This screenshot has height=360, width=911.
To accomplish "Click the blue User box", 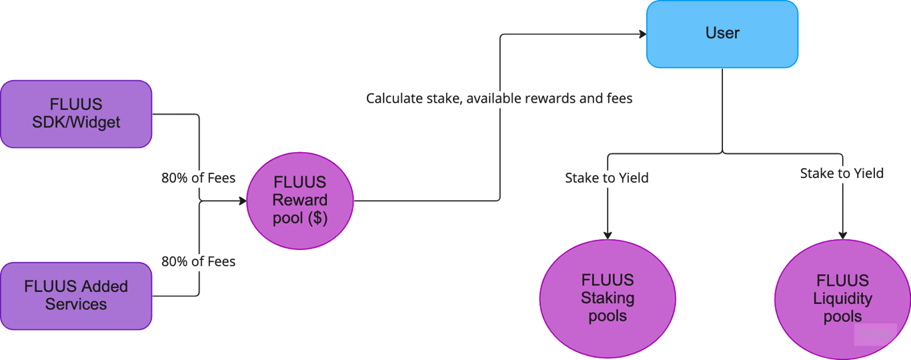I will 722,33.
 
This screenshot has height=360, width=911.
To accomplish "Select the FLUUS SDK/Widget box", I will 76,113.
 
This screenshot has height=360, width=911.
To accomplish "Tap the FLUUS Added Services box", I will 76,295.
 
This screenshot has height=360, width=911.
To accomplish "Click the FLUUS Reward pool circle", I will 299,201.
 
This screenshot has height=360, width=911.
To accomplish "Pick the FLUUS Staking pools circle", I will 607,298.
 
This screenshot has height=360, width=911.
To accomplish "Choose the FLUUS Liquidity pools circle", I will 842,298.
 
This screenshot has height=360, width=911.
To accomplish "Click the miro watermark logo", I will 875,335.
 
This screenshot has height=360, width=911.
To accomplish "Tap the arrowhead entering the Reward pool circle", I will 241,200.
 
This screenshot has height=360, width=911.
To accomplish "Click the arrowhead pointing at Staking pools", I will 608,234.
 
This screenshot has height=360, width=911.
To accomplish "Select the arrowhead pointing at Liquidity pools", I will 842,234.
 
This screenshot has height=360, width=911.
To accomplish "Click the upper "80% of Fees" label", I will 198,178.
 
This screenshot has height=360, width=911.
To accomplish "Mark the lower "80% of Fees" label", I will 198,261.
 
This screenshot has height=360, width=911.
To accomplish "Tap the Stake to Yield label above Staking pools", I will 607,178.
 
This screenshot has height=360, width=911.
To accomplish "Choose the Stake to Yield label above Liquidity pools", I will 842,173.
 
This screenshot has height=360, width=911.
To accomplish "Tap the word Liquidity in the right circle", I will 842,299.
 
